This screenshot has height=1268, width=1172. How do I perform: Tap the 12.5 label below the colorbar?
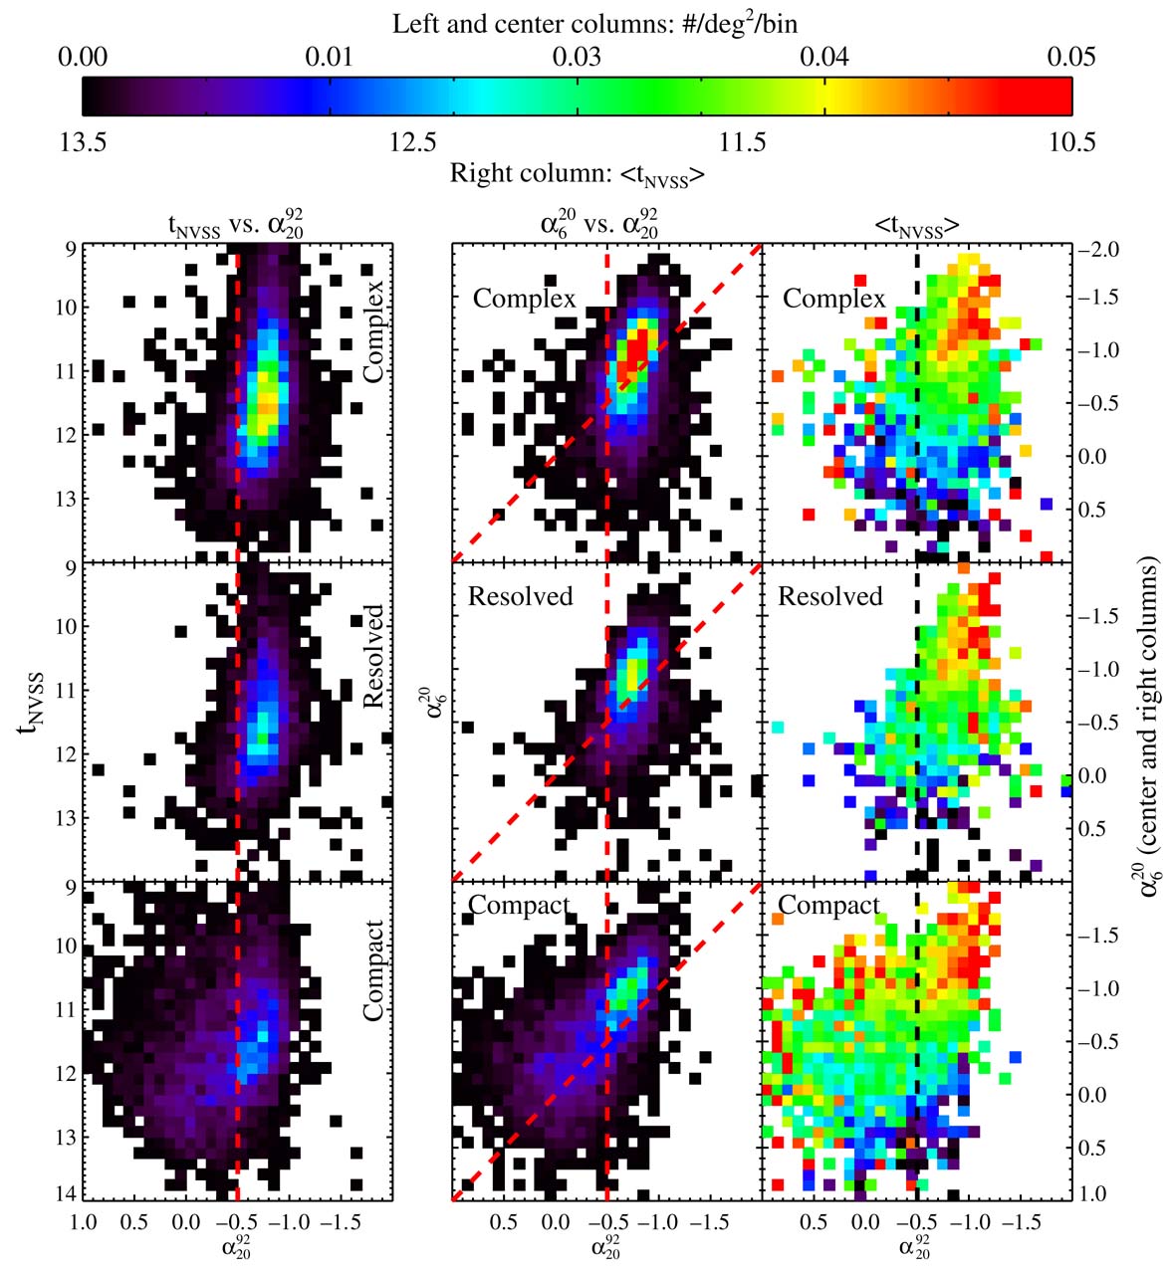tap(412, 142)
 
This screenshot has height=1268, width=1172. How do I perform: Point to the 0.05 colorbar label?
tap(1070, 56)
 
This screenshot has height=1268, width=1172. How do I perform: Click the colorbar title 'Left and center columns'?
tap(593, 23)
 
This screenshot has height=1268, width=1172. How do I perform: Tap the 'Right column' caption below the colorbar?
tap(578, 173)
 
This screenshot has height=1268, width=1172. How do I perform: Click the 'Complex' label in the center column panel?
tap(524, 299)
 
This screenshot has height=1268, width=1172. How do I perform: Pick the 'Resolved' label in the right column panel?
tap(829, 596)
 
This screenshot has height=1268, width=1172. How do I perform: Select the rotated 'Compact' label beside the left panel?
tap(373, 970)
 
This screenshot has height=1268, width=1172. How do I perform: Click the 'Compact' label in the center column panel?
tap(519, 906)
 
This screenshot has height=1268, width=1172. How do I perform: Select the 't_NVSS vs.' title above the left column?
tap(235, 227)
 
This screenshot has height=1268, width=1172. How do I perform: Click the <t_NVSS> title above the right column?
tap(916, 228)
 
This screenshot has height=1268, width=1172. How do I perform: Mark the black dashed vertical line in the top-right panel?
tap(916, 398)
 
